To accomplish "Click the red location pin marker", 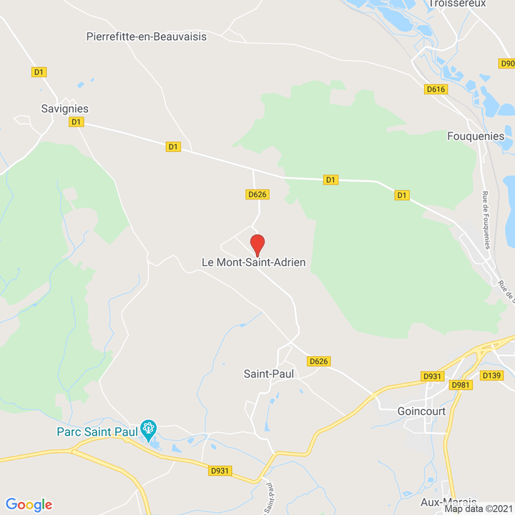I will coord(257,244).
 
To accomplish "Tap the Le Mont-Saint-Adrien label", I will coord(254,263).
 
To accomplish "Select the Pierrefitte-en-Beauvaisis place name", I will coord(146,36).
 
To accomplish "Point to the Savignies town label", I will coord(65,109).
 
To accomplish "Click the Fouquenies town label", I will coord(476,136).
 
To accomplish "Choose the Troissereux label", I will coord(458,4).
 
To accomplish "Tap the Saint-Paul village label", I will coord(269,373).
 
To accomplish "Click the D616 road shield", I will coord(436,89).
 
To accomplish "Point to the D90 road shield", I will coord(507,63).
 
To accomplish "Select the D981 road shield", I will coord(461,385).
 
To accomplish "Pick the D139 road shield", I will coord(492,376).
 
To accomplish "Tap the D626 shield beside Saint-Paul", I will coord(319,361).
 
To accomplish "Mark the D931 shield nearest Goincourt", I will coord(433,376).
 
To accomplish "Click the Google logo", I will coord(29,504).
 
